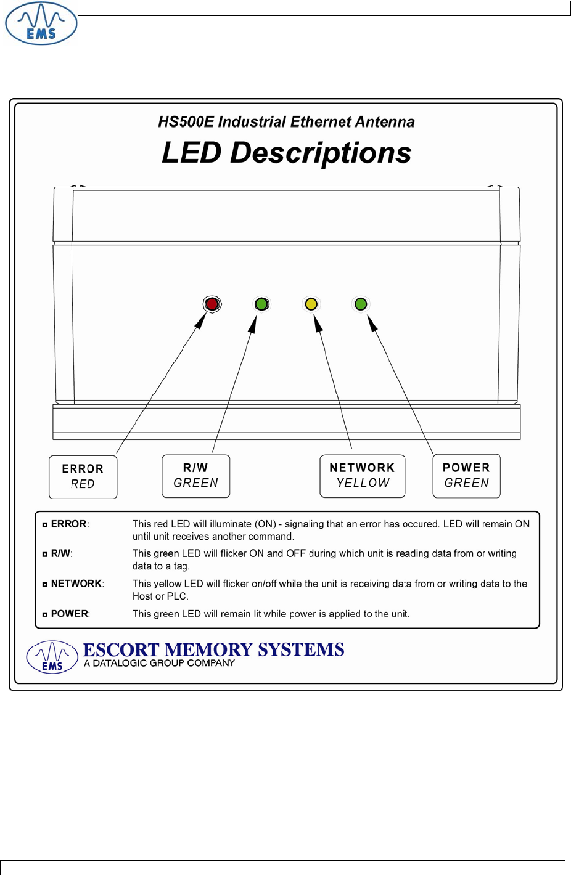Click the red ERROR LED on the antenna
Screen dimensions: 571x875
tap(212, 304)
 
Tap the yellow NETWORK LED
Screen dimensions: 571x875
tap(311, 304)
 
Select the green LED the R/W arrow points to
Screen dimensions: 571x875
tap(261, 304)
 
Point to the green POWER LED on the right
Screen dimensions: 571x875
tap(361, 304)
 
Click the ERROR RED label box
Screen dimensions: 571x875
tap(83, 476)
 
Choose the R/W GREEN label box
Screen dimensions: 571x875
tap(196, 476)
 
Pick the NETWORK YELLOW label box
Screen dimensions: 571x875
tap(363, 476)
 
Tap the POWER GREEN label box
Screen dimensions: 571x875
tap(466, 476)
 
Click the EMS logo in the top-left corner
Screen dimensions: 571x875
tap(41, 24)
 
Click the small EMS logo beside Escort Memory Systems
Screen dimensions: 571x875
tap(52, 657)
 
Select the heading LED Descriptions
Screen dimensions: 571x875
tap(286, 152)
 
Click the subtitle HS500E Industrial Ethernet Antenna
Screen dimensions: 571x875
tap(286, 122)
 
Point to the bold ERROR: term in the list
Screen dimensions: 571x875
tap(70, 524)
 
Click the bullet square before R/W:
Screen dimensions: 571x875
tap(45, 555)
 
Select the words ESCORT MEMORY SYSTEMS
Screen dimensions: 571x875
tap(213, 649)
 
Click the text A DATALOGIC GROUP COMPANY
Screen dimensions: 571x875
tap(160, 664)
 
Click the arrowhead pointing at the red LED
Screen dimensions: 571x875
tap(201, 321)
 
